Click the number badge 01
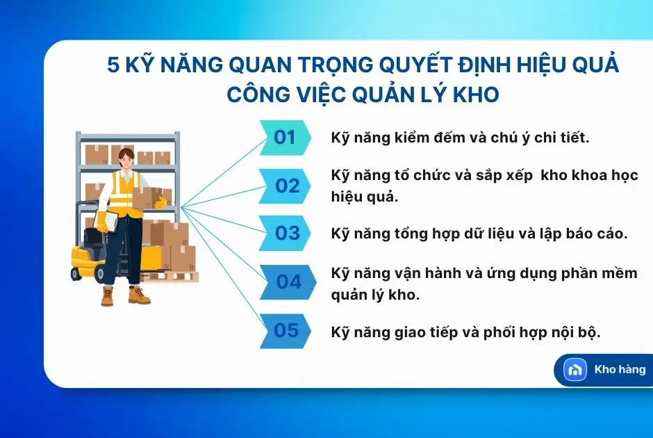point(285,137)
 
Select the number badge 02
point(287,186)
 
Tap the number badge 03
point(287,233)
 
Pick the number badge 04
point(288,282)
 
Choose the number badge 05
point(286,330)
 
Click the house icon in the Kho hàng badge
point(575,370)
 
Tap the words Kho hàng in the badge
point(620,369)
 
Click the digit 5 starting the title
point(114,66)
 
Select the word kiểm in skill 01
point(414,138)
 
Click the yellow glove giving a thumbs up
point(160,202)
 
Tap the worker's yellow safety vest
point(126,194)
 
